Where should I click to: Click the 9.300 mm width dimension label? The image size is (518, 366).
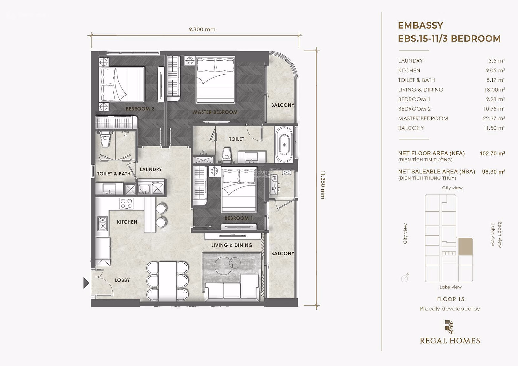pos(202,30)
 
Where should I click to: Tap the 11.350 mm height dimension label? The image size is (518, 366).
pos(323,185)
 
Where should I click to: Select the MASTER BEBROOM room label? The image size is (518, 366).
pos(215,112)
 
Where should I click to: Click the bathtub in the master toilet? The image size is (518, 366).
pos(284,145)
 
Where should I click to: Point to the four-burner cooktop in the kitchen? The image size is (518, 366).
pos(126,203)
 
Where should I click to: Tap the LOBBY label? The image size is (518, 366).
pos(122,280)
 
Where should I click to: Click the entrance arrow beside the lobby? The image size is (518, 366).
pos(86,283)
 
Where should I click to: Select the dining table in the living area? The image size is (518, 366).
pos(168,281)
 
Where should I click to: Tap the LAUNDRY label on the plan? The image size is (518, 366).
pos(151,169)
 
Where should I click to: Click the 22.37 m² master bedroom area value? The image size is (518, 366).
pos(494,118)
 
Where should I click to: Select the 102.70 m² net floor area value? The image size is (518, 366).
pos(492,153)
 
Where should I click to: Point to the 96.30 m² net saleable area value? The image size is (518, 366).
pos(494,172)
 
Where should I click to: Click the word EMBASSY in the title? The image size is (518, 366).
pos(421,25)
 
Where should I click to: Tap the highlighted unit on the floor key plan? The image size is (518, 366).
pos(466,247)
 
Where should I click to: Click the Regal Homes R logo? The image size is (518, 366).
pos(449,327)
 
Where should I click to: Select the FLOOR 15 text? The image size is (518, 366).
pos(450,299)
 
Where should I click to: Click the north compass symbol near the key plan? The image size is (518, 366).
pos(405,278)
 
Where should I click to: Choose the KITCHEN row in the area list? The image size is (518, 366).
pos(451,71)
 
